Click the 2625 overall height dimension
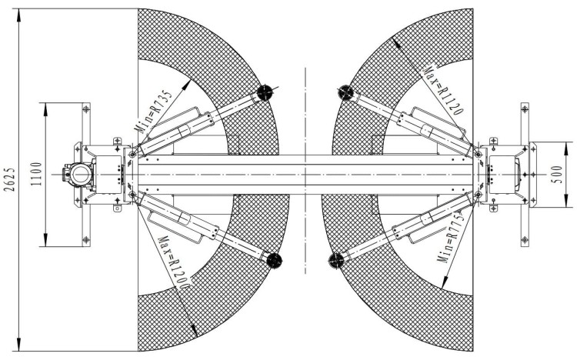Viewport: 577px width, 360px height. point(10,180)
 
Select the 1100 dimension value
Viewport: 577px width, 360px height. point(36,174)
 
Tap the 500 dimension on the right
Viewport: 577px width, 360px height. point(558,175)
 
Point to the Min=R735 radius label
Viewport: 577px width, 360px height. point(153,112)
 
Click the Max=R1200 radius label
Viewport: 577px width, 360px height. point(174,263)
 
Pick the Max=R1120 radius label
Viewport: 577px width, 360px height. point(443,91)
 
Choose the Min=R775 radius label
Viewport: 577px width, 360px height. point(450,238)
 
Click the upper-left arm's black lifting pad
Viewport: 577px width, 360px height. point(265,92)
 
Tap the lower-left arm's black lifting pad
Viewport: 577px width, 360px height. point(274,260)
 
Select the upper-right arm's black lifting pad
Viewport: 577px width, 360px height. point(345,92)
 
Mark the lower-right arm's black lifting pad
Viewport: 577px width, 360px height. point(336,260)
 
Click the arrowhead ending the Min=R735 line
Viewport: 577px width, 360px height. point(187,85)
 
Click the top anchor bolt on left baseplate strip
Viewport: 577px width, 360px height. point(86,108)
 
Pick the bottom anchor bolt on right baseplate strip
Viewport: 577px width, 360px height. point(525,240)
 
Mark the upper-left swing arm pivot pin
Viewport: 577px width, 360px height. point(132,155)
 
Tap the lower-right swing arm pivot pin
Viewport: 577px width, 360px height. point(478,194)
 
